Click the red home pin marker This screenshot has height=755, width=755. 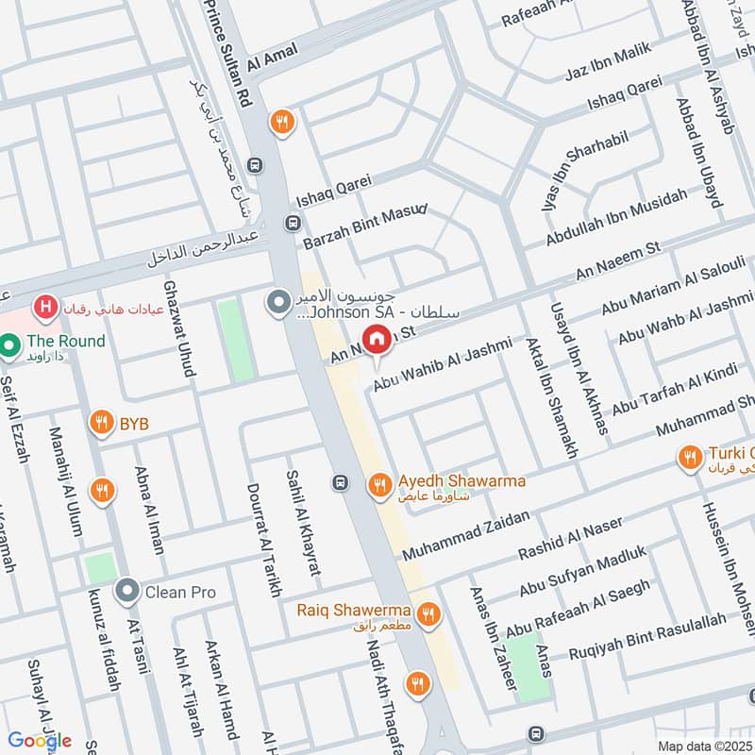377,338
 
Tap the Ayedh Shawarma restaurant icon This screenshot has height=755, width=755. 379,484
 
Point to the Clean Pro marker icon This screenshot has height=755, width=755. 126,592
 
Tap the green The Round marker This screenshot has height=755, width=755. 10,346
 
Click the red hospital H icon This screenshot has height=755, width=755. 43,307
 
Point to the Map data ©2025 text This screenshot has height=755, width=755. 705,746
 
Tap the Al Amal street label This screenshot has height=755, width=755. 273,58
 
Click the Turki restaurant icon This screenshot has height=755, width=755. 690,459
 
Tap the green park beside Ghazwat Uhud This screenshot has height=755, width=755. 235,341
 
